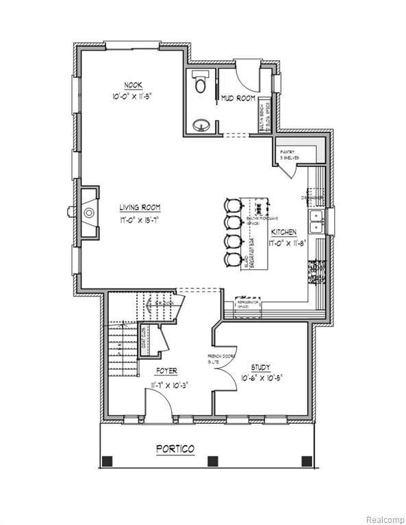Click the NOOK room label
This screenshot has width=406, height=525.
point(133,85)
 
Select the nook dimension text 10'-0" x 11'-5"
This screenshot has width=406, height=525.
point(133,96)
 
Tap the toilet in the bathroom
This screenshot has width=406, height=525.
point(201,83)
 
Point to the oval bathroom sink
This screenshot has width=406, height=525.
point(201,125)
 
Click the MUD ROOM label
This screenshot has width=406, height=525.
point(238,99)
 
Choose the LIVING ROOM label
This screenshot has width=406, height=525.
point(140,207)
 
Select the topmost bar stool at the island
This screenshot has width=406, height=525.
point(233,206)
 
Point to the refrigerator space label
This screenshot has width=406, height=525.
point(247,303)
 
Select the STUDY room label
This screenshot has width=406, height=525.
point(260,367)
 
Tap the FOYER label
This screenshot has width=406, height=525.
point(166,371)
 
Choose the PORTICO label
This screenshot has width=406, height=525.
point(175,449)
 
